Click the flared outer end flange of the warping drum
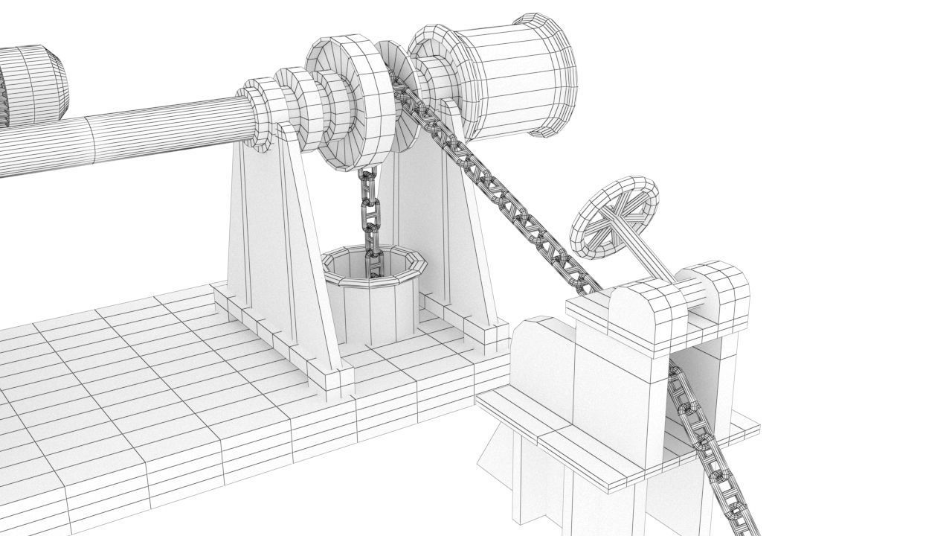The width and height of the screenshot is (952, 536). point(554,74)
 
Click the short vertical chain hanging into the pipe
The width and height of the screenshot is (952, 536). point(370,216)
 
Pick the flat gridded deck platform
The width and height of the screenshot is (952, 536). point(149,387)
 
